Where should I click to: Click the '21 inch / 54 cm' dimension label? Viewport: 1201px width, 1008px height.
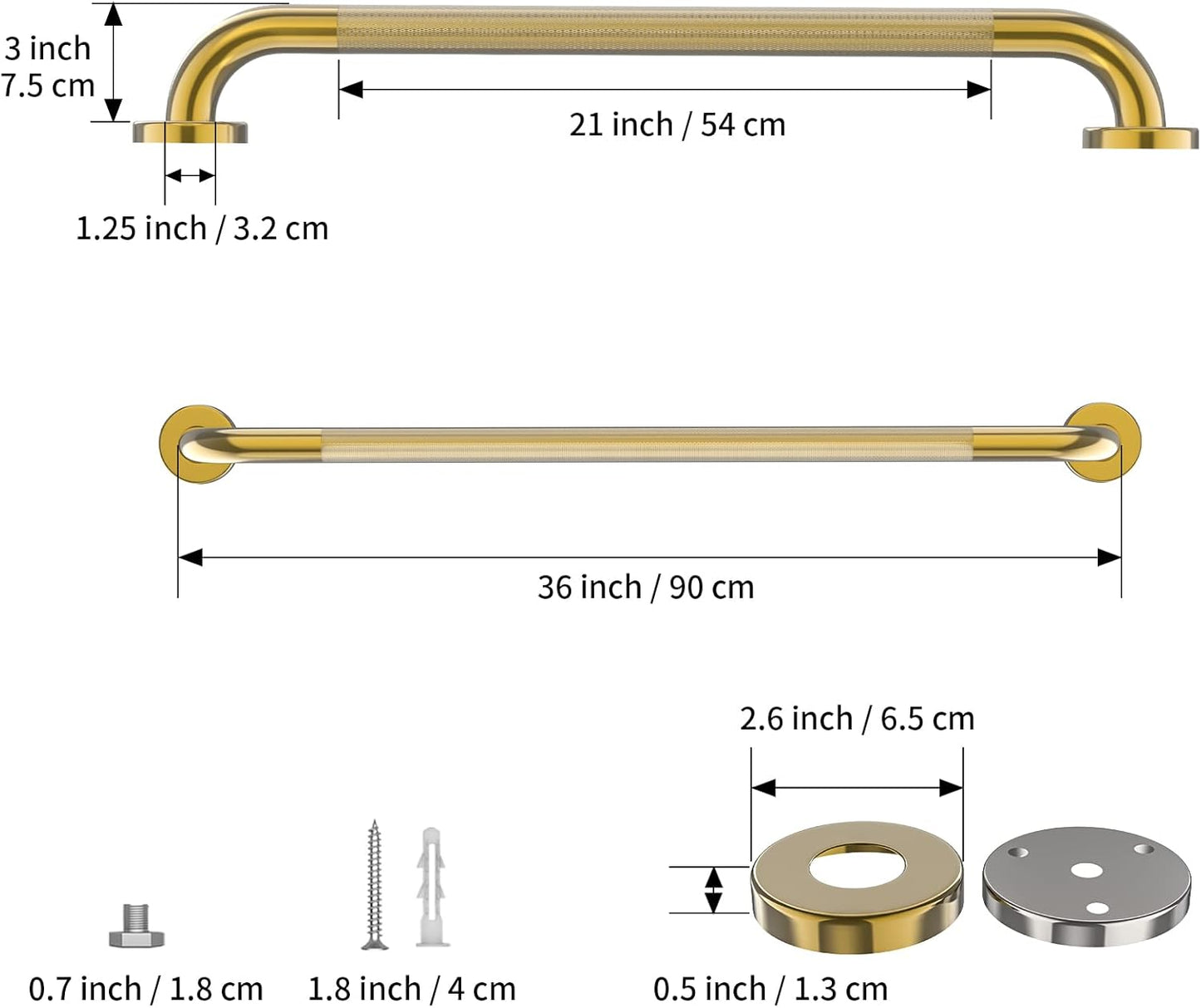(677, 125)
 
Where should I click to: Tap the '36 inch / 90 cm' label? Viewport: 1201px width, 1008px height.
(645, 588)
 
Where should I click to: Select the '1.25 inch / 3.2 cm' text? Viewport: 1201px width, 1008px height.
(202, 229)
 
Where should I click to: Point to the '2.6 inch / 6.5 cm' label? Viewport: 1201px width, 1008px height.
(857, 719)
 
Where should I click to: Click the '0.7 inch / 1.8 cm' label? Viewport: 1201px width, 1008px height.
(145, 989)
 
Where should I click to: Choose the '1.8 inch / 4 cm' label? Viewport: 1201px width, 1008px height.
(411, 989)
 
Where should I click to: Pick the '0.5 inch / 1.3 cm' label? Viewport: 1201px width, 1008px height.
(770, 989)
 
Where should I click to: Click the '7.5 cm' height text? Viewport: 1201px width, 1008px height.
(48, 86)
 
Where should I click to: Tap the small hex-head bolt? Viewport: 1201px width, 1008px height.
(136, 927)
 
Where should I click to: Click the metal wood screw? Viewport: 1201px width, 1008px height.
(374, 885)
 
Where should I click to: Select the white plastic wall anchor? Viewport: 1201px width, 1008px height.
(431, 887)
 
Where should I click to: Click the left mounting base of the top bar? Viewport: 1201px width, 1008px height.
(190, 131)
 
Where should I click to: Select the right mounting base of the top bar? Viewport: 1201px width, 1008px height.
(1139, 138)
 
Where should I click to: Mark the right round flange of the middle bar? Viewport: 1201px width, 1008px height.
(1103, 441)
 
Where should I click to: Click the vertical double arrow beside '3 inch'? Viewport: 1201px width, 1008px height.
(114, 62)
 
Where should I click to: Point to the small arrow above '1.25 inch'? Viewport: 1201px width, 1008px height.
(190, 175)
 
